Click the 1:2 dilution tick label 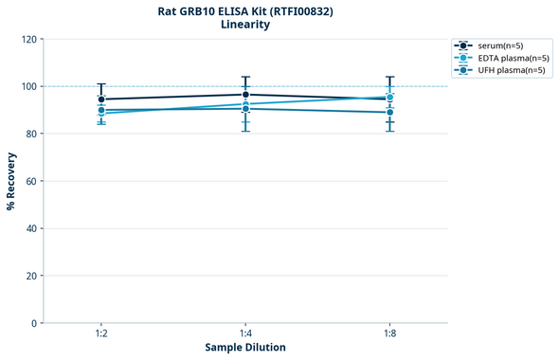(101, 334)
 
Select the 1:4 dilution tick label (245, 334)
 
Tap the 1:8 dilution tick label (389, 334)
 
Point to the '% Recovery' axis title (11, 181)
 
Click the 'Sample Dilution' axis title (245, 348)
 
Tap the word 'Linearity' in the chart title (245, 25)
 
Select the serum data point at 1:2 (101, 99)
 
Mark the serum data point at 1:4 (245, 95)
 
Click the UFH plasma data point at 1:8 (389, 113)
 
